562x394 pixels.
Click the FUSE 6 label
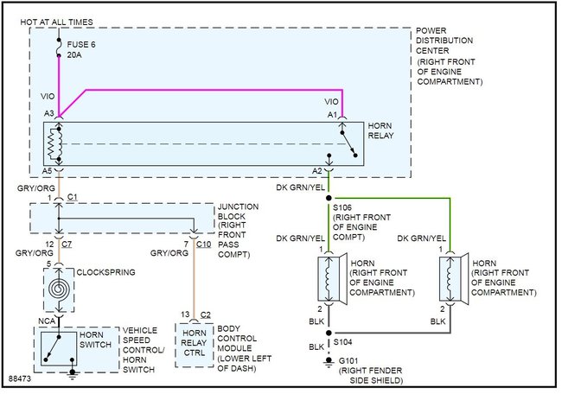click(81, 45)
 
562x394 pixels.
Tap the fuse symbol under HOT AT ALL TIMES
click(59, 48)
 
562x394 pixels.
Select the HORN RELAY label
click(380, 130)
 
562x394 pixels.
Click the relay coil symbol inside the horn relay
click(55, 144)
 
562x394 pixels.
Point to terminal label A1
click(332, 115)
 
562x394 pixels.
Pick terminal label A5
click(48, 171)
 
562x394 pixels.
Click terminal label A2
click(317, 171)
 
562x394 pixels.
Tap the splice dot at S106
click(329, 198)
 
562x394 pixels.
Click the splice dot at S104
click(329, 333)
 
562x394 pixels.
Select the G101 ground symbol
click(329, 362)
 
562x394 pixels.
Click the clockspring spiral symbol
click(59, 289)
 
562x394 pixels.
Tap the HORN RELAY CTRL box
click(195, 346)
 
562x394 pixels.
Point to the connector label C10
click(203, 245)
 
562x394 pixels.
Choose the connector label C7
click(67, 245)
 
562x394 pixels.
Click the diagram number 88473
click(20, 378)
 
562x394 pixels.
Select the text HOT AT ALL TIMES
click(56, 22)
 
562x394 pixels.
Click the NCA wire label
click(47, 321)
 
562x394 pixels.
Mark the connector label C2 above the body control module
click(206, 315)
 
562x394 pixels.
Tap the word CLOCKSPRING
click(106, 272)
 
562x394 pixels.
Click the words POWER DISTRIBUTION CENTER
click(444, 41)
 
